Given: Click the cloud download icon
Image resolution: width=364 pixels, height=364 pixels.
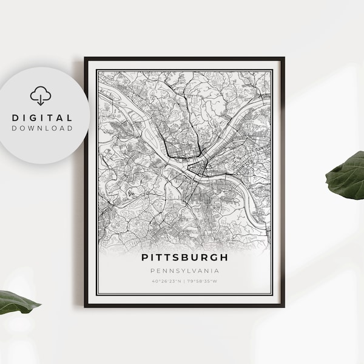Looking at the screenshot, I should (x=41, y=96).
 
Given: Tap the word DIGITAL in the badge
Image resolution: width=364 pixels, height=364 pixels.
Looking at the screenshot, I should (x=41, y=118).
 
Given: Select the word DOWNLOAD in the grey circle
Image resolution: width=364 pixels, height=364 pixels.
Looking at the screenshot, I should (x=41, y=129).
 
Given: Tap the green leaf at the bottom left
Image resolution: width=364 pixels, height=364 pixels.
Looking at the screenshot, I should (x=17, y=302).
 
